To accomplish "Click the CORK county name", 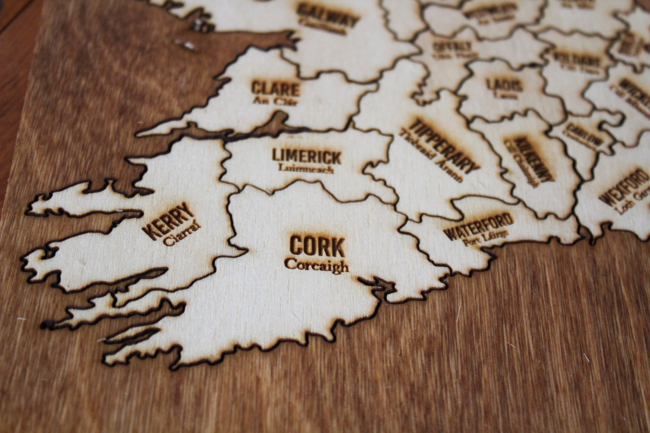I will [x=317, y=246].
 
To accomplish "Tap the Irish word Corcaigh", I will [x=317, y=265].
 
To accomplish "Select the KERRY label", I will [x=169, y=220].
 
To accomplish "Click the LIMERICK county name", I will [x=307, y=156].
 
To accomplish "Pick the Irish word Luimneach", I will [x=306, y=169].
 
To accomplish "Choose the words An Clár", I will [x=275, y=101].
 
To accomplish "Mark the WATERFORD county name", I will [x=479, y=227].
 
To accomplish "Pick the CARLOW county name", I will [x=584, y=134].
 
